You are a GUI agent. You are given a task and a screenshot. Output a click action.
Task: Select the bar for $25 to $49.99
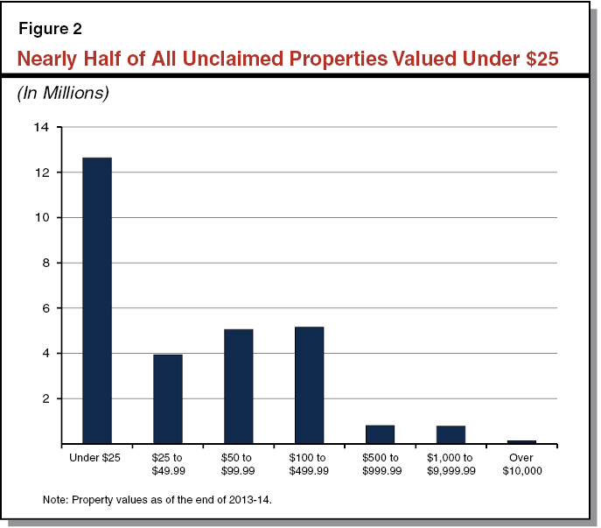tap(168, 398)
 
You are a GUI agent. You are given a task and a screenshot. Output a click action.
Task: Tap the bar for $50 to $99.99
tap(239, 386)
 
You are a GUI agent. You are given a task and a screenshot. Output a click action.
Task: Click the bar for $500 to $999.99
tap(381, 434)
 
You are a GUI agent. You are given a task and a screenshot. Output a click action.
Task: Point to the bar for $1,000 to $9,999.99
tap(451, 434)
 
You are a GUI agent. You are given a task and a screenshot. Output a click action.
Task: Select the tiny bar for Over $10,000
tap(522, 442)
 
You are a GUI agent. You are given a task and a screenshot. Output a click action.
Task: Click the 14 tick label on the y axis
tap(42, 127)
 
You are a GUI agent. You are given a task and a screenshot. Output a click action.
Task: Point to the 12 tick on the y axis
tap(42, 172)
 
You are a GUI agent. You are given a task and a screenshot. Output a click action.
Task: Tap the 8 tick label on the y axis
tap(45, 263)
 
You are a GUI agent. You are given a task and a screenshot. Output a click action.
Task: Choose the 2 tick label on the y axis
tap(45, 398)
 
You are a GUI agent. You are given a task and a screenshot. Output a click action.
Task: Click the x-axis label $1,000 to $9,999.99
tap(451, 464)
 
